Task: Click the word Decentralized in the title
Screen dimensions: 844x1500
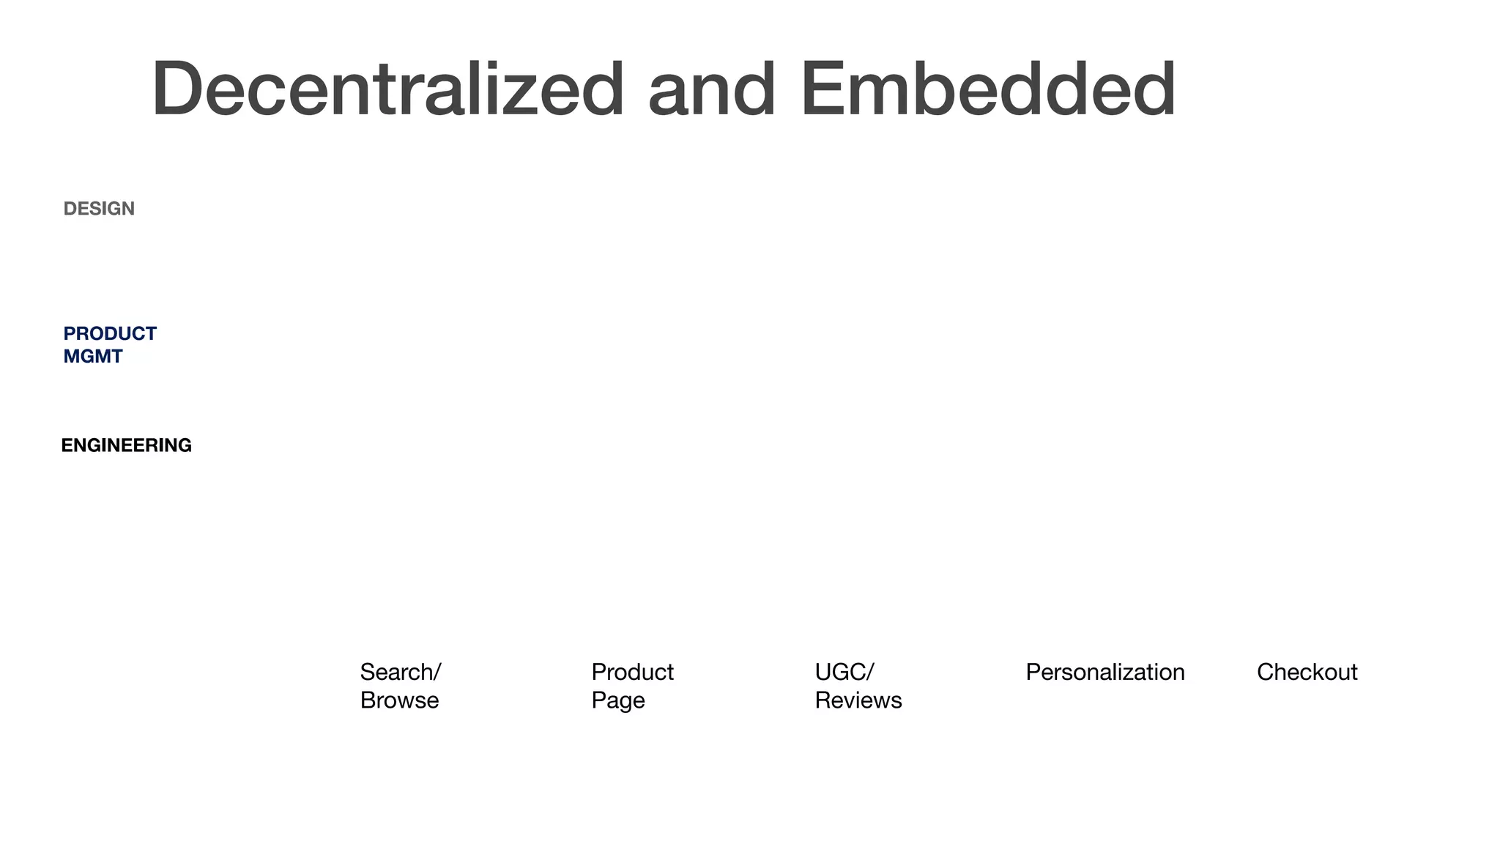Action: point(388,89)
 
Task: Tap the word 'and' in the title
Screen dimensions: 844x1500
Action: point(712,89)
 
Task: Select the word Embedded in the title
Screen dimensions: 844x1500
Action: point(988,89)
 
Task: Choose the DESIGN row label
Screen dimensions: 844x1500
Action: point(99,209)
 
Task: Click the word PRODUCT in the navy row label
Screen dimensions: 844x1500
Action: point(110,334)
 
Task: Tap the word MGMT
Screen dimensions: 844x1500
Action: point(93,357)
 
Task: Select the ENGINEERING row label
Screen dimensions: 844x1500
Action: point(126,445)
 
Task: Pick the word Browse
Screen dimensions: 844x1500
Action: point(399,700)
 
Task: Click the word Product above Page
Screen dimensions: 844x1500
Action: point(632,672)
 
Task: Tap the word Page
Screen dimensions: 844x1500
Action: point(618,700)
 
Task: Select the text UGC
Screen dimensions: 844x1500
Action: point(839,672)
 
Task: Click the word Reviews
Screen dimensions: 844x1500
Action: point(858,700)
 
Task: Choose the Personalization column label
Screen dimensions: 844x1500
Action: point(1104,672)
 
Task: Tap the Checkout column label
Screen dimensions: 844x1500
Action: point(1307,672)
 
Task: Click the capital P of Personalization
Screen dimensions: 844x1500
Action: point(1033,672)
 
